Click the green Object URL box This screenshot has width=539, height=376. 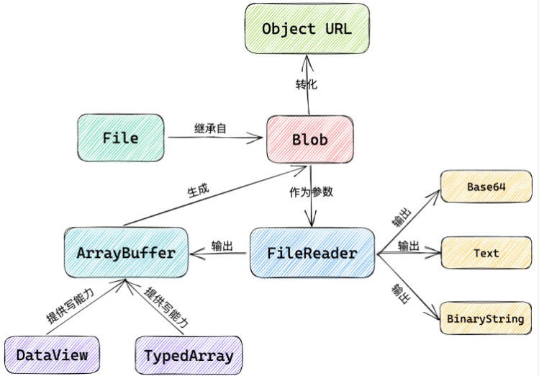pos(307,29)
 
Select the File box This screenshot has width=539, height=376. pos(121,138)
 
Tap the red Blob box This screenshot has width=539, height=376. pos(309,139)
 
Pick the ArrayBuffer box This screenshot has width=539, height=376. pos(126,253)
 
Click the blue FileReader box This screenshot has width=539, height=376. pos(312,253)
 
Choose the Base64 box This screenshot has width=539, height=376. pos(486,187)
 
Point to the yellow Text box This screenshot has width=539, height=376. pos(486,253)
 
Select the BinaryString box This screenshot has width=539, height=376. pos(486,318)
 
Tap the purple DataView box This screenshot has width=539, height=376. pos(52,355)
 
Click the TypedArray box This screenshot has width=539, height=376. pos(189,355)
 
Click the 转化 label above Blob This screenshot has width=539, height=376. pos(307,84)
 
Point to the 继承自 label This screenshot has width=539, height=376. pos(210,128)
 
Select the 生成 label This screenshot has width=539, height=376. pos(198,190)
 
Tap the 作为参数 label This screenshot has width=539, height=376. pos(311,192)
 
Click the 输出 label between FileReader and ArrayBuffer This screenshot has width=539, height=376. pos(222,246)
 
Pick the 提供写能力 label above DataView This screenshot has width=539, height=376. pos(70,306)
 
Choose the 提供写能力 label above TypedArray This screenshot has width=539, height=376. pos(166,307)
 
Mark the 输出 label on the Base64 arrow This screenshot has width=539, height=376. pos(402,217)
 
